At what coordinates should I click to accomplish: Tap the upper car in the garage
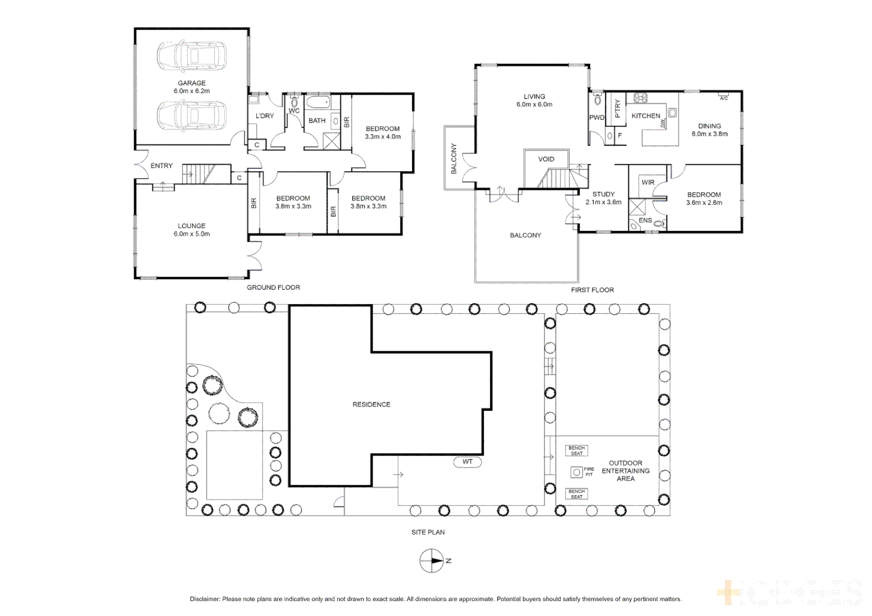192,56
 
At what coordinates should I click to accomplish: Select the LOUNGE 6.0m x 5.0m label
192,230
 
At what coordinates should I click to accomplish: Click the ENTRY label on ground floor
162,166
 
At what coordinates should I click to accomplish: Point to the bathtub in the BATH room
317,103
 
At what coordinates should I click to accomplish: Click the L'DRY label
265,116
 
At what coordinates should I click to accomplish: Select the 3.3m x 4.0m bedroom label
383,133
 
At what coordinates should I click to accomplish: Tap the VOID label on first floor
546,159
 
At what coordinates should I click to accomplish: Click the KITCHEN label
645,116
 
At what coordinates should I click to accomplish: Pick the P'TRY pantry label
617,108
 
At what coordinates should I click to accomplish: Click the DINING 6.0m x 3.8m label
709,130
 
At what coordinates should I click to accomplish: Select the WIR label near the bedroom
648,183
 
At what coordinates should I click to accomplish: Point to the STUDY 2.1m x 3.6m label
603,198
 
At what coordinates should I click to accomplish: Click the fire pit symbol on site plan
576,472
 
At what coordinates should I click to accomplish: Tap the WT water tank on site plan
467,462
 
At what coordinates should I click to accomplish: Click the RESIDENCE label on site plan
372,404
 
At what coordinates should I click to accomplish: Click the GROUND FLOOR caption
273,287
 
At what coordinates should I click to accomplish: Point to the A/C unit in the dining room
724,98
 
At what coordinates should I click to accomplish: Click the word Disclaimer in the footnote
205,599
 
